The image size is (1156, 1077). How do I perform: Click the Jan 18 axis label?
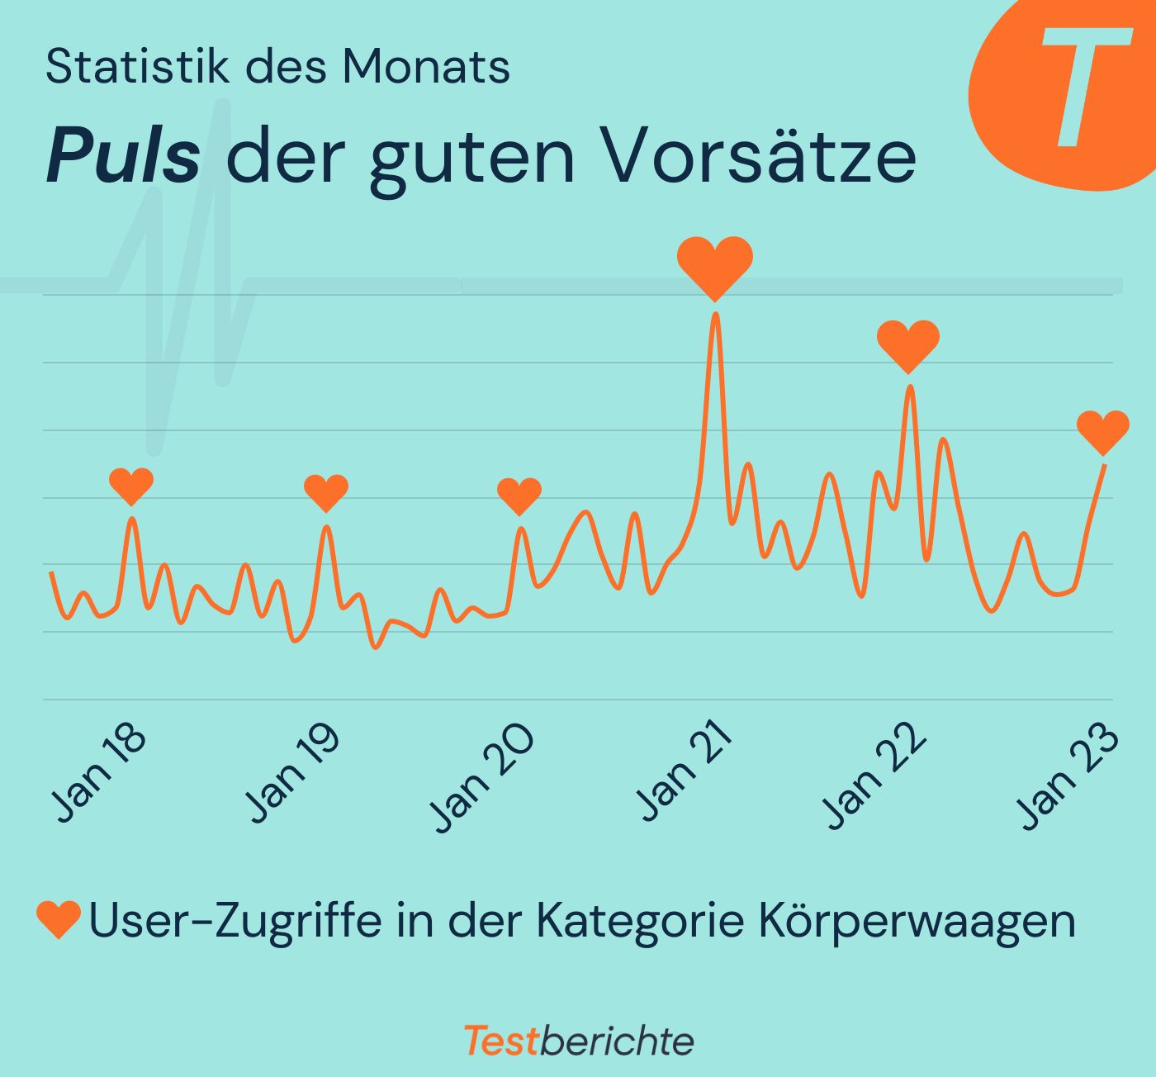pyautogui.click(x=98, y=773)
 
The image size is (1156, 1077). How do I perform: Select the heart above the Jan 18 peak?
pyautogui.click(x=131, y=484)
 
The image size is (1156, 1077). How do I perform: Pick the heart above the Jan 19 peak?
pyautogui.click(x=326, y=492)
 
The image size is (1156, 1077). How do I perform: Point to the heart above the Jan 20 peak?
pyautogui.click(x=519, y=495)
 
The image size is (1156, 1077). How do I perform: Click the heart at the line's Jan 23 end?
pyautogui.click(x=1103, y=430)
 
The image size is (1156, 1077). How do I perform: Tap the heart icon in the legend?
pyautogui.click(x=59, y=918)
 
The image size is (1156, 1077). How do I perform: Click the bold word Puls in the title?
pyautogui.click(x=123, y=156)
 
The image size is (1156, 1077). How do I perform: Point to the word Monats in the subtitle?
pyautogui.click(x=426, y=66)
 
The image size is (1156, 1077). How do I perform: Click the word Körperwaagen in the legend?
pyautogui.click(x=916, y=920)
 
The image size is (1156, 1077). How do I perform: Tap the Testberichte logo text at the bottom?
pyautogui.click(x=578, y=1041)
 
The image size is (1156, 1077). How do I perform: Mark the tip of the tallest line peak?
pyautogui.click(x=716, y=315)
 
